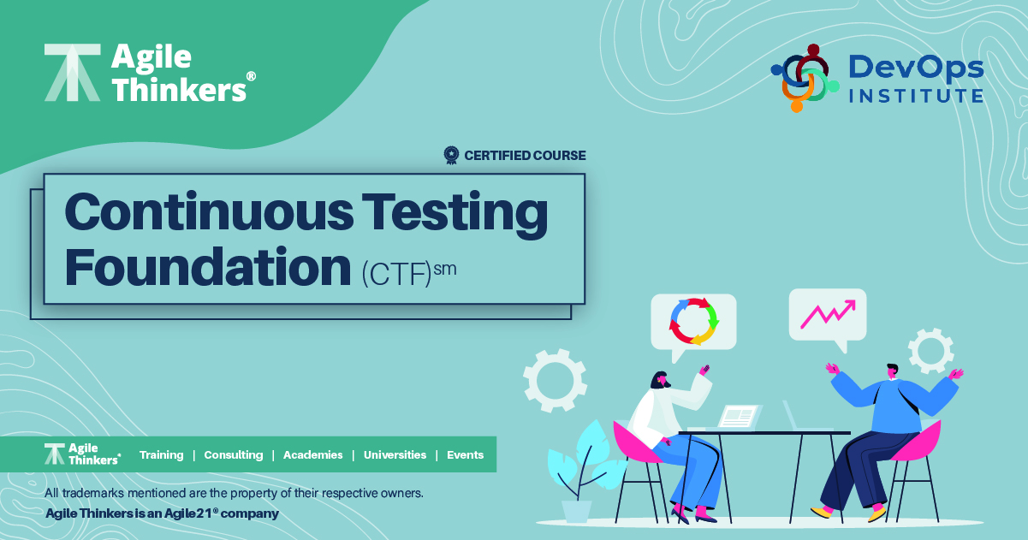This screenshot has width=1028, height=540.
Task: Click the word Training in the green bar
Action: point(161,454)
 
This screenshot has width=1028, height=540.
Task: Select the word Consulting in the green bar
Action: point(234,454)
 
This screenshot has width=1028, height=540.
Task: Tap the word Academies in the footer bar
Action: point(313,454)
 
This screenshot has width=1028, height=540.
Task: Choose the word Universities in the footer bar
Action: point(395,454)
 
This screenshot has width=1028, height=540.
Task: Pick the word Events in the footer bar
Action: point(466,454)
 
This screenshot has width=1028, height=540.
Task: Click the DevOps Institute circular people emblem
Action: point(805,78)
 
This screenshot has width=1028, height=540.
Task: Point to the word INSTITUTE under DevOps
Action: point(916,96)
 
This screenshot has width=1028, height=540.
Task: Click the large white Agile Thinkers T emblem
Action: point(73,73)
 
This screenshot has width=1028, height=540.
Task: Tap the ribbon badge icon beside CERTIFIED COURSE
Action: point(451,155)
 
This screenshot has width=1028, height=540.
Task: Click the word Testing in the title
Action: point(455,212)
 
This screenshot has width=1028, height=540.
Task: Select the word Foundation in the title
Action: point(208,268)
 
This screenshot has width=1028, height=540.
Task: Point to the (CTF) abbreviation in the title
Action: point(397,274)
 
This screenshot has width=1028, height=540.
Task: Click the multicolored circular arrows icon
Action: point(694,321)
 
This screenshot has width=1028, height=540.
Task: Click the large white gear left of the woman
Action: point(556,380)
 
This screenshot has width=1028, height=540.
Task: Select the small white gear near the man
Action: point(931,351)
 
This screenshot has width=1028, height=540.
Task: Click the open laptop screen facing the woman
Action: point(739,417)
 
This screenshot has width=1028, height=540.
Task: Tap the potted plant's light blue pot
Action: point(577,512)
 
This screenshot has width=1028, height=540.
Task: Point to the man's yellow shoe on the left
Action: point(821,512)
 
